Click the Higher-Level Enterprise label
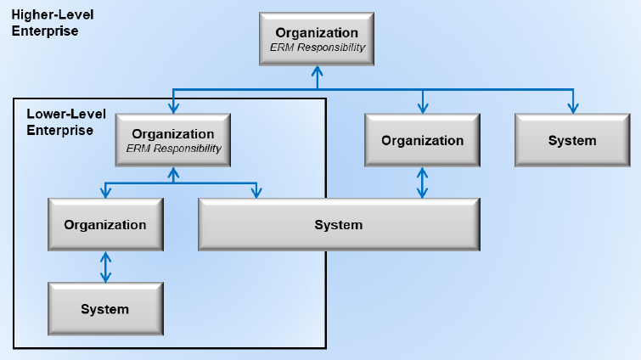(x=53, y=23)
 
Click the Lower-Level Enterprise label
(x=66, y=121)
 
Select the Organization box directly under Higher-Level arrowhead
(x=173, y=140)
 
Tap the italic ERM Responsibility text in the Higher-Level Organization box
(x=318, y=48)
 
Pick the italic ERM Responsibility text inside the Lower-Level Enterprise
(x=173, y=149)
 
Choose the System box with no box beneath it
(x=572, y=140)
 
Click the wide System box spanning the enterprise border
(x=339, y=224)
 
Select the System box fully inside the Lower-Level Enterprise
(x=105, y=309)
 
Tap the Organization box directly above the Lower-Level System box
(x=105, y=224)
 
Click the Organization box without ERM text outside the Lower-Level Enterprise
(x=422, y=140)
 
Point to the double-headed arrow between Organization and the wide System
(x=422, y=183)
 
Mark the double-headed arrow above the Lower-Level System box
(x=105, y=267)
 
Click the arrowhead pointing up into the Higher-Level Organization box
(x=318, y=71)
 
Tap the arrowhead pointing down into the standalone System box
(x=573, y=109)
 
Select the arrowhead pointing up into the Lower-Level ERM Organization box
(x=173, y=172)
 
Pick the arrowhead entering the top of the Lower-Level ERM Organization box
(x=173, y=109)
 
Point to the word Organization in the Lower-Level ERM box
(x=173, y=134)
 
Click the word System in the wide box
(x=339, y=225)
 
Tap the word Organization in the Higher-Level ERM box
(x=317, y=33)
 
